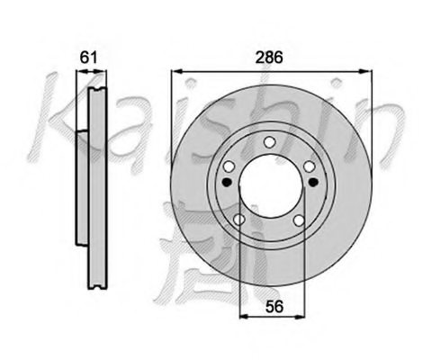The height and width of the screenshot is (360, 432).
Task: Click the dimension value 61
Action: (88, 57)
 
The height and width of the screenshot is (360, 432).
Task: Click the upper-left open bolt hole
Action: (229, 166)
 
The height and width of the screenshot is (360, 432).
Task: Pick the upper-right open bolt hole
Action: (308, 166)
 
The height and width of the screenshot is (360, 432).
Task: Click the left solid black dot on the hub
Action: (225, 183)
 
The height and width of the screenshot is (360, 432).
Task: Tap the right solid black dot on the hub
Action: (312, 183)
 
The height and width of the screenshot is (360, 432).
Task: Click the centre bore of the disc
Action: (268, 184)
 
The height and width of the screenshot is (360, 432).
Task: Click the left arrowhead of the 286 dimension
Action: (174, 70)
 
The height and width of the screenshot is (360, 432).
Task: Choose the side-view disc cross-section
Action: (94, 180)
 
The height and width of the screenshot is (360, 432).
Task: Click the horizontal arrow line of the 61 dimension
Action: (87, 71)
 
